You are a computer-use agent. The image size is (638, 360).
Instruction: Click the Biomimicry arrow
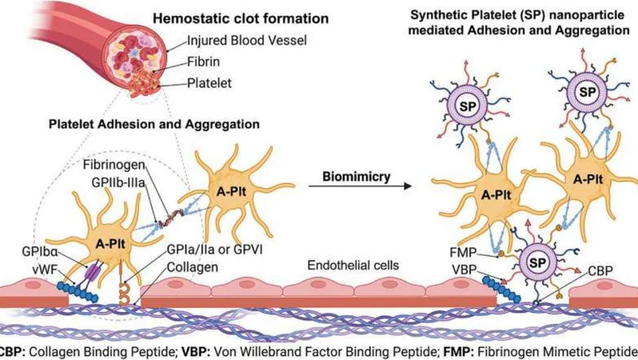pos(360,186)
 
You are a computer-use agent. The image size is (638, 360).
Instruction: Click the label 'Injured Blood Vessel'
pos(246,40)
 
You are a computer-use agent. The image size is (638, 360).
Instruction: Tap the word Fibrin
pos(203,62)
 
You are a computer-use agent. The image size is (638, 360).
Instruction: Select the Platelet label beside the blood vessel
pos(209,83)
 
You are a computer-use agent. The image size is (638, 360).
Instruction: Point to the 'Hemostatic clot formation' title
pos(241,18)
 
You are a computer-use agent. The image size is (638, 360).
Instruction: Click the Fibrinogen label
pos(114,165)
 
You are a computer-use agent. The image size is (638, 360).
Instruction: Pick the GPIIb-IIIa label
pos(118,182)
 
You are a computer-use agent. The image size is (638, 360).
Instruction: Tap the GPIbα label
pos(40,252)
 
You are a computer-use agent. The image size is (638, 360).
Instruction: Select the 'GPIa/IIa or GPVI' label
pos(215,250)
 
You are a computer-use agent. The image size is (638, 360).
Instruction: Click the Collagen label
pos(193,267)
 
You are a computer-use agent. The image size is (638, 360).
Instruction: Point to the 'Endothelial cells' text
pos(353,266)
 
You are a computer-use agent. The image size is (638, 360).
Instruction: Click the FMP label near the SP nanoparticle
pos(463,253)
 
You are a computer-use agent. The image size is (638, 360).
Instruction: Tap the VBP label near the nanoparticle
pos(464,270)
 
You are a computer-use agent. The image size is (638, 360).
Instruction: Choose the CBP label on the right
pos(600,271)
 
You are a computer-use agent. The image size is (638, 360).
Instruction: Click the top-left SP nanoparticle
pos(468,106)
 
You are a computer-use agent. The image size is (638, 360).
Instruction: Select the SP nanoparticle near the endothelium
pos(537,262)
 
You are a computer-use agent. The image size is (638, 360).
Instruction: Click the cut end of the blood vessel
pos(134,61)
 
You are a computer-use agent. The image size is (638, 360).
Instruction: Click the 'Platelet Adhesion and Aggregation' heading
pos(154,124)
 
